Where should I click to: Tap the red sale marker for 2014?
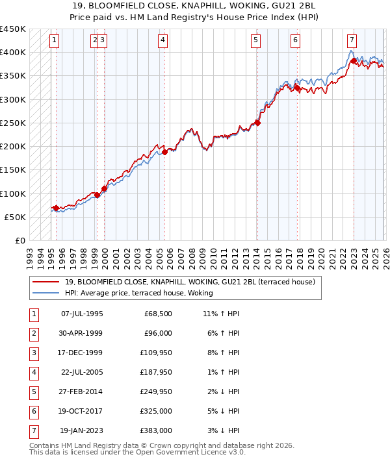click(257, 122)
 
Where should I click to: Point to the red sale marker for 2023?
click(354, 61)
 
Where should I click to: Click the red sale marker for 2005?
click(165, 152)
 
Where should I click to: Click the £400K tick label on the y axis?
click(12, 53)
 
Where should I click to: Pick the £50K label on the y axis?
click(15, 217)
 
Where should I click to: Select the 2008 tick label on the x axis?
click(192, 254)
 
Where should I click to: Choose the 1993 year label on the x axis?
click(30, 254)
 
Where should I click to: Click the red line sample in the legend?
click(46, 282)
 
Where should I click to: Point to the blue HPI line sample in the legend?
click(46, 293)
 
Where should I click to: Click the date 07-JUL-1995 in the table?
click(81, 314)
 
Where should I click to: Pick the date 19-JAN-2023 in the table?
click(81, 431)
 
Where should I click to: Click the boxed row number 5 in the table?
click(33, 392)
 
